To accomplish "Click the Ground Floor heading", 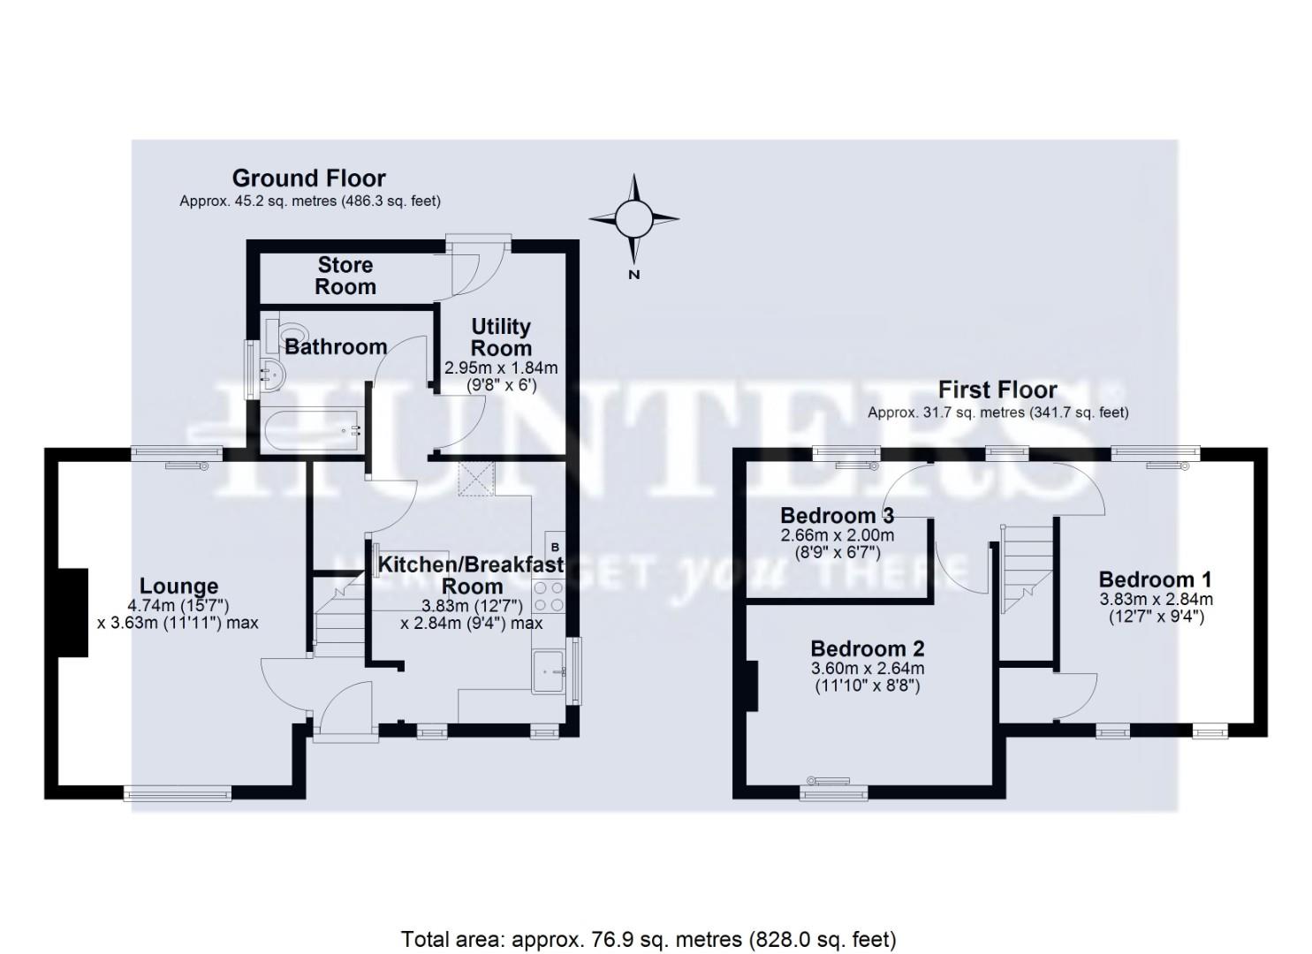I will coord(308,178).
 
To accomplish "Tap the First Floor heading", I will coord(997,390).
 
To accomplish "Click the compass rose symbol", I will coord(633,218).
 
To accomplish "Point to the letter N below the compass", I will coord(633,275).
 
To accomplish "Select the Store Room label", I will coord(345,276).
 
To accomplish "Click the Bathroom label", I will coord(336,347).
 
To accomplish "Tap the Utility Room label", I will coord(500,337).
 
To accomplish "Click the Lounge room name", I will coord(178,586).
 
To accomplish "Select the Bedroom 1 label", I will coord(1155,579).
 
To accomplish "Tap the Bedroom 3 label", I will coord(837,515).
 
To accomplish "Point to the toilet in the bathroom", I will coord(292,331).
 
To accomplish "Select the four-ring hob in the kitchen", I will coord(549,596).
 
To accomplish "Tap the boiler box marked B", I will coord(555,548).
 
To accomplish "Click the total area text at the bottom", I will coord(648,938).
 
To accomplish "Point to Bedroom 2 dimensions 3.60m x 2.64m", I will coord(867,669).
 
